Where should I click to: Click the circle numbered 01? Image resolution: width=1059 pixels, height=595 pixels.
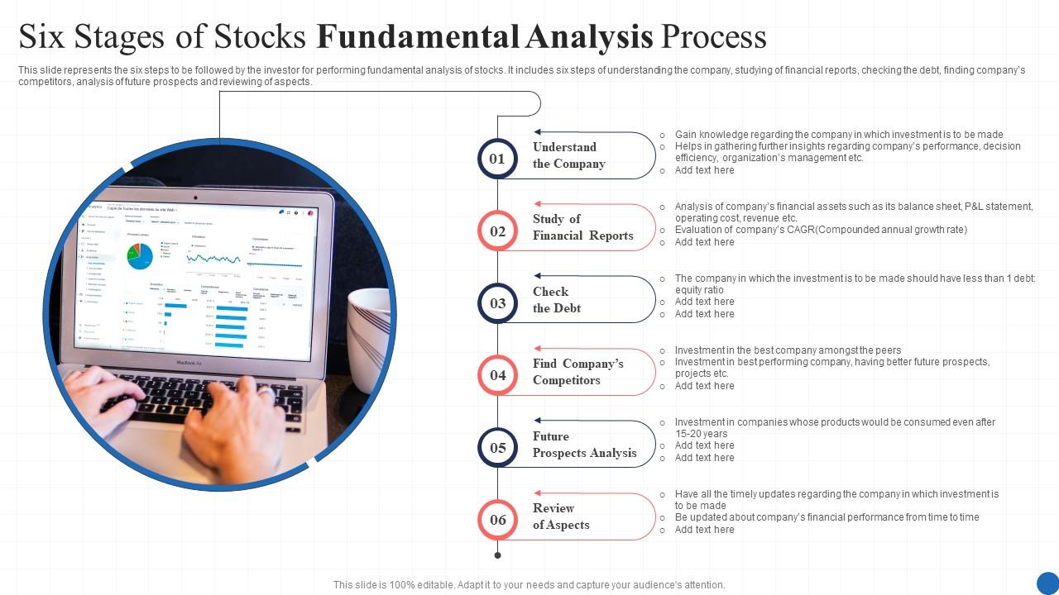(497, 159)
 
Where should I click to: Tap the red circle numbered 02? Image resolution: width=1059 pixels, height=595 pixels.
(497, 231)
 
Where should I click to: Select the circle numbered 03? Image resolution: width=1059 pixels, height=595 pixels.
(497, 302)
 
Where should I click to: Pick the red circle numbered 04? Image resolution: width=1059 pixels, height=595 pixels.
(497, 374)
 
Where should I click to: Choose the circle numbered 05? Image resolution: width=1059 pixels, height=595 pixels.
(497, 447)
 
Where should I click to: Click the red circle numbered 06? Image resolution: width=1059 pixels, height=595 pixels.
(497, 519)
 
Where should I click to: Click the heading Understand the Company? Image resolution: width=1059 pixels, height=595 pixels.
(569, 155)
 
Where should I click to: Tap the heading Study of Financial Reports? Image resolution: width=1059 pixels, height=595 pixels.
(582, 227)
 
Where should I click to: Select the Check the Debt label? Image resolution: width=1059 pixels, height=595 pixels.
(556, 300)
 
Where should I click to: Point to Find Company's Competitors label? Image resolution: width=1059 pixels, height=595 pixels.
(577, 372)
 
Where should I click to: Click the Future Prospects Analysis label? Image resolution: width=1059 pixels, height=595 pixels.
(584, 445)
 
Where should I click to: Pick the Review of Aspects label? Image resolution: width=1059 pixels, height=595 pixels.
(561, 516)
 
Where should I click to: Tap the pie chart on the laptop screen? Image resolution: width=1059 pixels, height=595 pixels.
(139, 255)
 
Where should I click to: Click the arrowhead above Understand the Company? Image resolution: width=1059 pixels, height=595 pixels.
(538, 132)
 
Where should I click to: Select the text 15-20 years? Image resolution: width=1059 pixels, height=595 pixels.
(701, 434)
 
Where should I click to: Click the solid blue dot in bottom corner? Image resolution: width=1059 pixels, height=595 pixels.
(1047, 583)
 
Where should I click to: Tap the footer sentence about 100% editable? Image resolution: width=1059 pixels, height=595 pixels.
(529, 584)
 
